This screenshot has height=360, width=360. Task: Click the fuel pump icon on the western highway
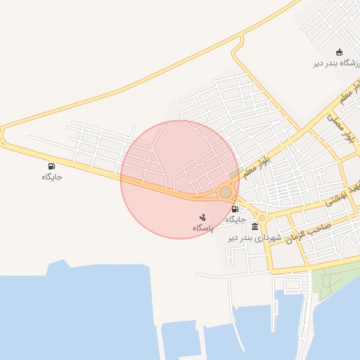[51, 166]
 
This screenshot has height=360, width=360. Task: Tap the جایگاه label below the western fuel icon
[51, 176]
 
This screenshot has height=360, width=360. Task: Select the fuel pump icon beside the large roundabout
[235, 209]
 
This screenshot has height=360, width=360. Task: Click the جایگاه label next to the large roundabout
[236, 219]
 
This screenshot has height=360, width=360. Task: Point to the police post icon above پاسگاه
[202, 217]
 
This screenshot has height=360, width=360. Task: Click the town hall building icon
[254, 226]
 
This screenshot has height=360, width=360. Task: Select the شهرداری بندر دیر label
[254, 238]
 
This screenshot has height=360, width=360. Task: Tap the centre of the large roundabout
[226, 192]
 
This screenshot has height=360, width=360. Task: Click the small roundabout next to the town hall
[262, 218]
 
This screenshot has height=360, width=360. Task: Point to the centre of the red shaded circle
[179, 179]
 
